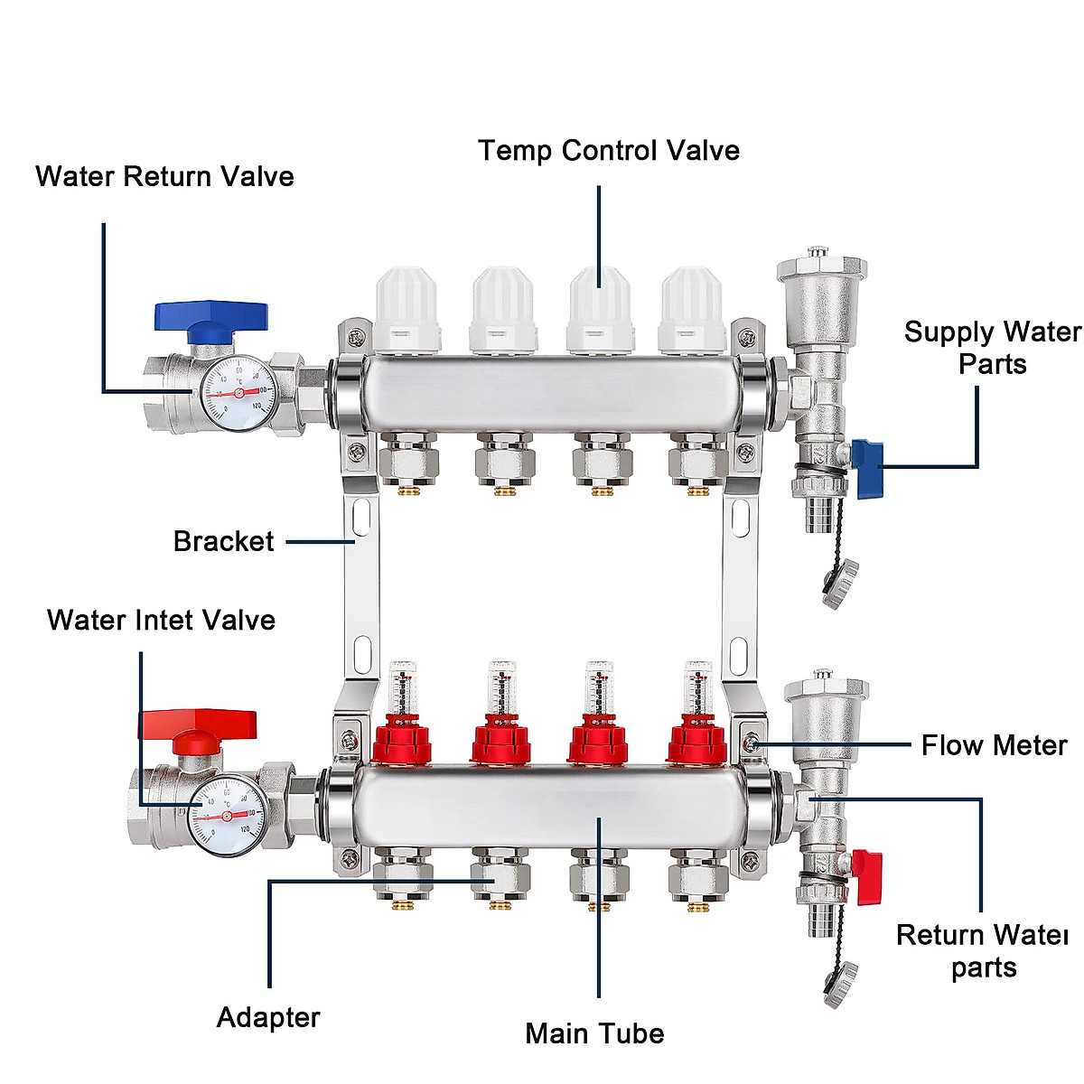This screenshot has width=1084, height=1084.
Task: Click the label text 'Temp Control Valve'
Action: (608, 150)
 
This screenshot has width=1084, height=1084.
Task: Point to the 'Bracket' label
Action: (223, 541)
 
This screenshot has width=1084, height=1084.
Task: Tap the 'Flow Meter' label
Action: (994, 745)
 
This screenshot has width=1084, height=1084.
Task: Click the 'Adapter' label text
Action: (268, 1017)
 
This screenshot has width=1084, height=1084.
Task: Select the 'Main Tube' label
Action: (594, 1033)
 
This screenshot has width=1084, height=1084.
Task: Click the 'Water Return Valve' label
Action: (164, 176)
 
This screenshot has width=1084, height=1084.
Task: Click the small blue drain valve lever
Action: (865, 458)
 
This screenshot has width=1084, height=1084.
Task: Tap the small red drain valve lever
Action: (867, 874)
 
